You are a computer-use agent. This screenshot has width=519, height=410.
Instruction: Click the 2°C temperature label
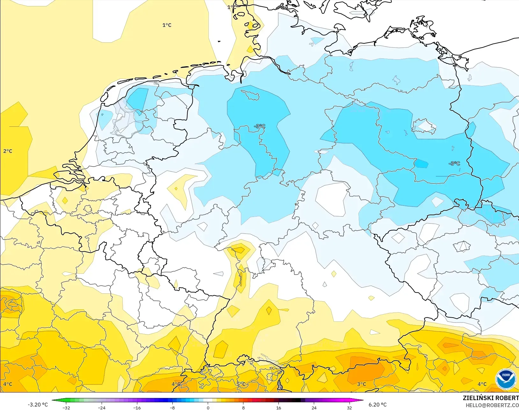[8, 151]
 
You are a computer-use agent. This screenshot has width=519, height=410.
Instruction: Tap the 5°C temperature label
[241, 384]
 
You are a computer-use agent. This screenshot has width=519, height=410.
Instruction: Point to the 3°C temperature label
[361, 384]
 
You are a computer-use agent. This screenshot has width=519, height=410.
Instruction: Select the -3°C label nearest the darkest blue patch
[454, 163]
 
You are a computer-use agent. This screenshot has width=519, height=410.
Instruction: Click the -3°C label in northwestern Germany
[260, 126]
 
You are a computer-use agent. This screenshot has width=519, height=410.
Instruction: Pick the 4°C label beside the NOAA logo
[482, 384]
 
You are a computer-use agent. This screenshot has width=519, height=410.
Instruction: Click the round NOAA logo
[506, 379]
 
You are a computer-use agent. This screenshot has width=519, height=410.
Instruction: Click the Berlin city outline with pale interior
[424, 126]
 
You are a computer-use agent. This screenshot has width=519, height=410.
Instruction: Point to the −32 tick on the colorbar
[66, 407]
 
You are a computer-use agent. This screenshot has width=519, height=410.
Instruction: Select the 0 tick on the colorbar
[208, 407]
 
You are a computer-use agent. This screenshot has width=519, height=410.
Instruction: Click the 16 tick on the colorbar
[278, 407]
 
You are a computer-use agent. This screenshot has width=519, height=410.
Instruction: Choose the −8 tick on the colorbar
[172, 407]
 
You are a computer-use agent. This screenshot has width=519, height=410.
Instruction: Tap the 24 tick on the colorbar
[314, 407]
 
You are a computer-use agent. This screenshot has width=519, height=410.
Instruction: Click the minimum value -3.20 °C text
[38, 405]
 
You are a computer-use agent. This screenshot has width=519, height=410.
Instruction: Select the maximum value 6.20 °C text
[378, 405]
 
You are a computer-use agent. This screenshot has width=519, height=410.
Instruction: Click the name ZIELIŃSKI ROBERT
[491, 398]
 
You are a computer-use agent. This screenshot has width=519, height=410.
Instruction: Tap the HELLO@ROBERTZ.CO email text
[492, 405]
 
